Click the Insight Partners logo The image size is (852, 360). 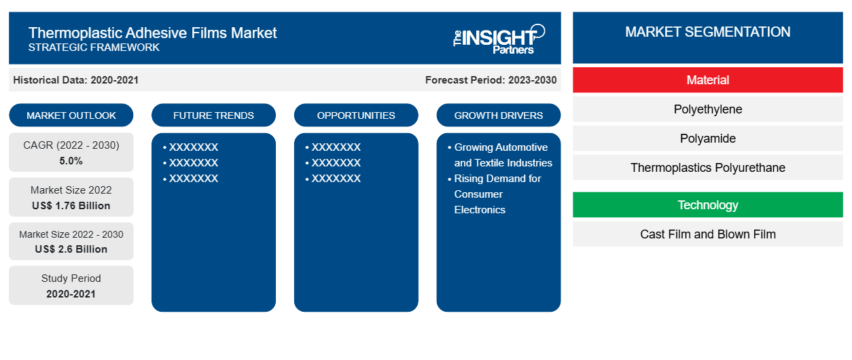[499, 38]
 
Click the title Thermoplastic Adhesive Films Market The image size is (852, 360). [152, 32]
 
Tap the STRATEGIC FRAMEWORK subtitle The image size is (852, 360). [94, 48]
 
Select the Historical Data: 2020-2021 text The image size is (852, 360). [75, 80]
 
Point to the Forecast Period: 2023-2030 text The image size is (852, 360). [491, 80]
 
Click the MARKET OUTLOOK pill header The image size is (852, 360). [71, 115]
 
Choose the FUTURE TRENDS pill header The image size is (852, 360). [213, 115]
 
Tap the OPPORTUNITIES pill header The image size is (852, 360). [356, 115]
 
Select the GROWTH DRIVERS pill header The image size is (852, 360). [499, 115]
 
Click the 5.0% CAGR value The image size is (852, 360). [71, 161]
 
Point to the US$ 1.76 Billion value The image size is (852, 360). [71, 206]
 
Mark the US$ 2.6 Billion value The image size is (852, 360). [71, 249]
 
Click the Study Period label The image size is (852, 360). [71, 278]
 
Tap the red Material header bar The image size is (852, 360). [707, 80]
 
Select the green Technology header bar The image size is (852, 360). [707, 205]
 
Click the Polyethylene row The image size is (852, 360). [707, 109]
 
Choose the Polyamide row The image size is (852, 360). [707, 139]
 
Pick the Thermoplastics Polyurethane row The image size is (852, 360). [707, 168]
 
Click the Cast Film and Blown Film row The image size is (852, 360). [707, 234]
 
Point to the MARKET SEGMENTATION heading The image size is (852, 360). [707, 32]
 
